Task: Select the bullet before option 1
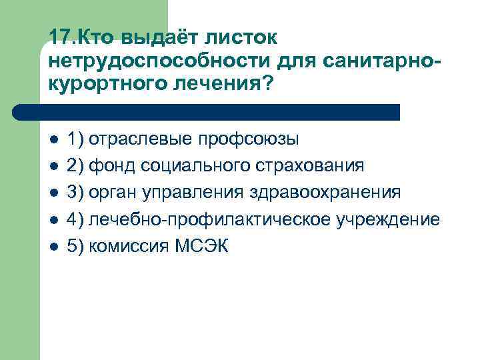54,140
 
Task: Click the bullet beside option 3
54,193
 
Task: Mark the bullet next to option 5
54,247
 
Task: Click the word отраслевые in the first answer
142,139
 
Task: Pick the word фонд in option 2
111,166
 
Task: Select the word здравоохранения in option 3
325,193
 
